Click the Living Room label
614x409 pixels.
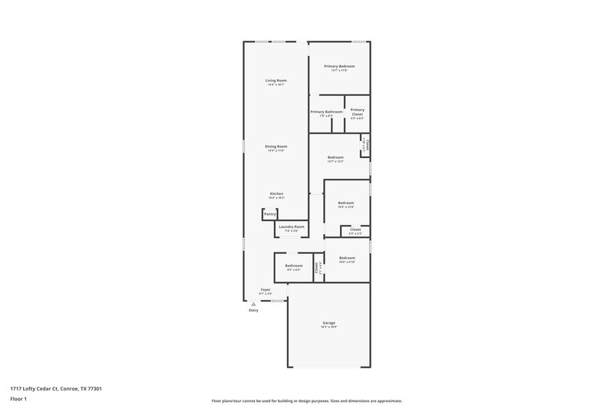point(276,81)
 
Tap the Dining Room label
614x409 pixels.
point(276,147)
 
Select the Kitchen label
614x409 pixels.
point(276,193)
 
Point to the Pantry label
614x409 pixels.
point(270,214)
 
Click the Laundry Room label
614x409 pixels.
point(292,226)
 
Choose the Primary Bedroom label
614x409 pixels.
point(339,66)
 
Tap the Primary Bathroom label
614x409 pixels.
point(326,112)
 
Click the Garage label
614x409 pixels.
point(328,323)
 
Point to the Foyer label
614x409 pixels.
point(266,290)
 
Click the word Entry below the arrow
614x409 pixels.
point(254,310)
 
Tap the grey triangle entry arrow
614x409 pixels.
point(254,304)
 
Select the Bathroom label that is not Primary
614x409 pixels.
point(294,266)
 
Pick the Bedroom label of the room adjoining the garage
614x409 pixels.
point(347,258)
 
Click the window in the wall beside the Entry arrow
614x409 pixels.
point(277,300)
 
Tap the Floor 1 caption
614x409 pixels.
point(19,400)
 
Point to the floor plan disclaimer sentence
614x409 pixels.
point(306,401)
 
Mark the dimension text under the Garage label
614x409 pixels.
point(328,328)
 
